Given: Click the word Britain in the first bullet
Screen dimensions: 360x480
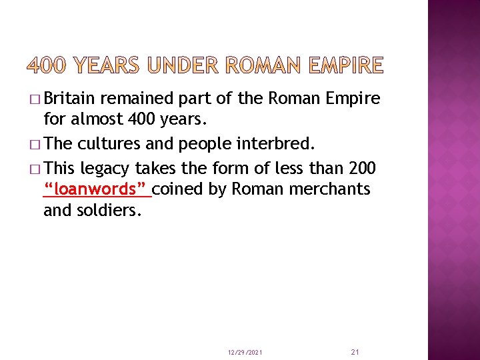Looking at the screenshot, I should (71, 99).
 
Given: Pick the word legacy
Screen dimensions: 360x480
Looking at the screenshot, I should (107, 167).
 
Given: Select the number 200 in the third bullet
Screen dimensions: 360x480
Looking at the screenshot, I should (363, 167).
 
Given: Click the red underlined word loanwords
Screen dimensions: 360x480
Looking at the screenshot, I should (97, 189).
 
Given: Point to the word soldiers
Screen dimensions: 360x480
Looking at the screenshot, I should (115, 211).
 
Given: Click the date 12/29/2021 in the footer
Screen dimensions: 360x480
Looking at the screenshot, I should (245, 351).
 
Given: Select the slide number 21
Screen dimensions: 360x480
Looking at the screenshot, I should (354, 351).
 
